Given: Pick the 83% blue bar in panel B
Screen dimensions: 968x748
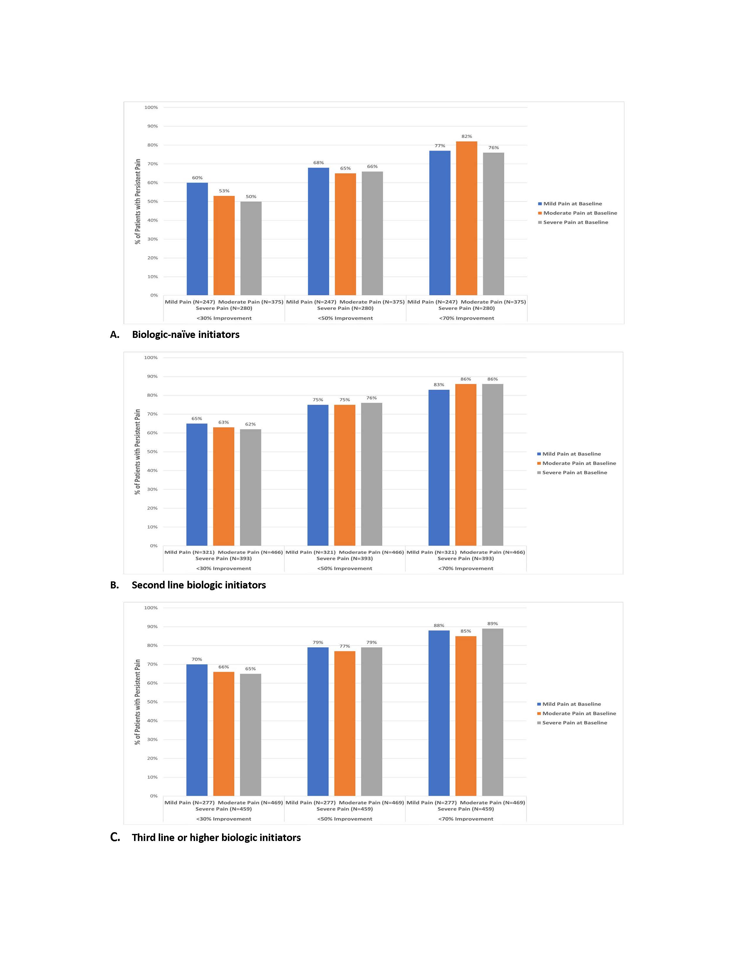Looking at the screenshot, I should pos(439,468).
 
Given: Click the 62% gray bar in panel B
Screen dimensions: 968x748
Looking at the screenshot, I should pos(251,487).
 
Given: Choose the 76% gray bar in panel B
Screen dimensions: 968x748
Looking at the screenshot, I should pos(371,474).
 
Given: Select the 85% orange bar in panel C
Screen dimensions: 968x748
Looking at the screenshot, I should pos(466,716).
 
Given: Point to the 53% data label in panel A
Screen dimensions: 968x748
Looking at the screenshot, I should pos(224,191).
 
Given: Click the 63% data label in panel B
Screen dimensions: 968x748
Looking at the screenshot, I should pos(223,422).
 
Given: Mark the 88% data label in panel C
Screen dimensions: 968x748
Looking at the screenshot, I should pos(439,625).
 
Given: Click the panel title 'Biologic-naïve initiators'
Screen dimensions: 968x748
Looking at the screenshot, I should pos(186,335).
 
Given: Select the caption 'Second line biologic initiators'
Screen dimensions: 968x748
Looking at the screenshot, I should pos(199,585).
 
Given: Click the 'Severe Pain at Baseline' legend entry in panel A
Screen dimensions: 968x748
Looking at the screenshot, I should pos(575,223).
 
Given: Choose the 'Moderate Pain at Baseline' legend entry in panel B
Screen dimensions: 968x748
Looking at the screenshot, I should pos(579,463).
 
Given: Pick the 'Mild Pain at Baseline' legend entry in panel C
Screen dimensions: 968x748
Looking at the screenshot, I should pos(571,704).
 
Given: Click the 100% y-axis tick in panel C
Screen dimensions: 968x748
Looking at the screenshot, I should pos(151,608).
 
